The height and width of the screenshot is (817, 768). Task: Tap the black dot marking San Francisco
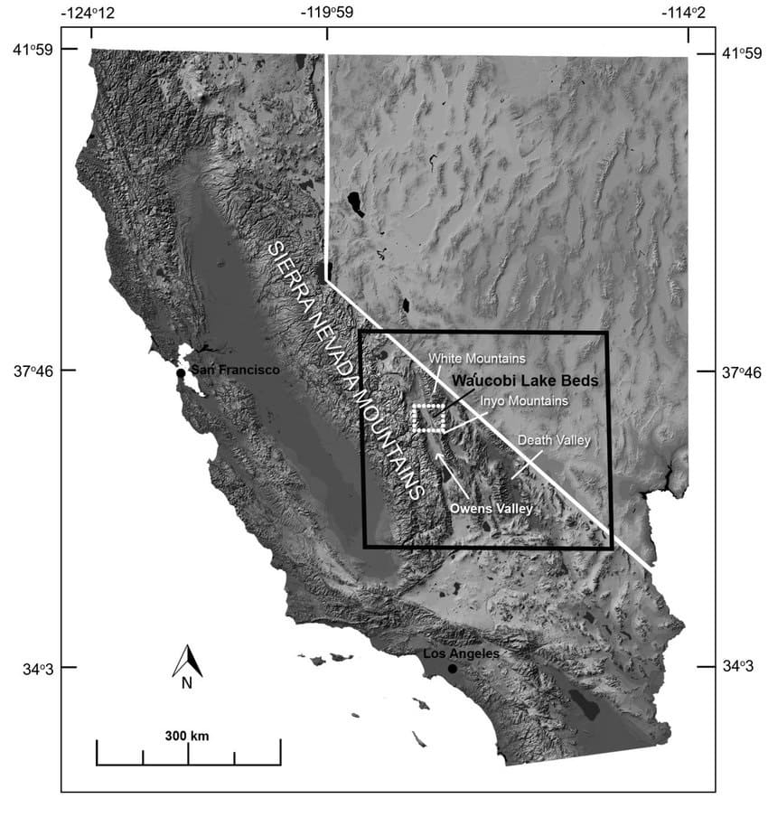pos(181,372)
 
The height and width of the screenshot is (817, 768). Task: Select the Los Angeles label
pos(461,653)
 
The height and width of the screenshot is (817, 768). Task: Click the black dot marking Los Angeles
pos(452,669)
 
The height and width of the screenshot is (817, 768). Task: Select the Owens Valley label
pos(492,510)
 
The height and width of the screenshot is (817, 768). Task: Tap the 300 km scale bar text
pos(187,736)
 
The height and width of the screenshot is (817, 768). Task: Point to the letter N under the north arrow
pos(187,683)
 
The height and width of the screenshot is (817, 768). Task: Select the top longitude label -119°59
pos(328,13)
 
